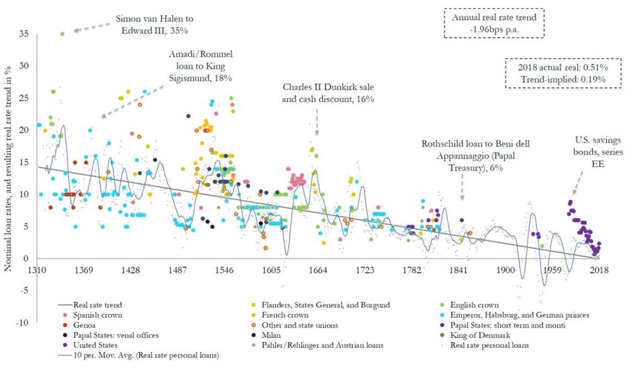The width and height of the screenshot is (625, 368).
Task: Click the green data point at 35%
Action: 62,33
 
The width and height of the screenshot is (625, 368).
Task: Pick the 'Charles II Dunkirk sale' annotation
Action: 328,94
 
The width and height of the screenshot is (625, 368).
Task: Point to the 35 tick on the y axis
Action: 24,33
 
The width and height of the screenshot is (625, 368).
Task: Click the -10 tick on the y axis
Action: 24,322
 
